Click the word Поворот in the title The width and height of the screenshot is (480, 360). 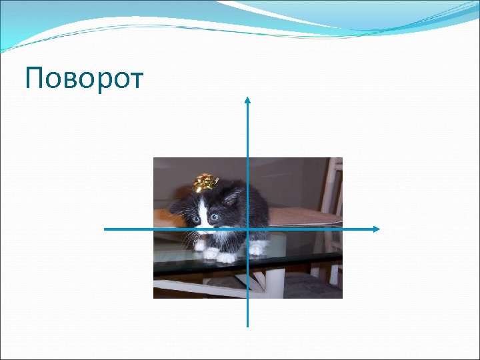coord(84,79)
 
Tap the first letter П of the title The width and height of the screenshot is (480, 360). coord(34,79)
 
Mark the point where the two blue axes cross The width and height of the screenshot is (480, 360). coord(247,229)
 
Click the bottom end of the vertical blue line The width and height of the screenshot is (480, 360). coord(247,325)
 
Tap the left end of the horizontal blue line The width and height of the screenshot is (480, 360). coord(105,229)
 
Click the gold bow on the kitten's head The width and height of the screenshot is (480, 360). coord(206,181)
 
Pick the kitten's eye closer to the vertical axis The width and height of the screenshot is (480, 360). coord(214,217)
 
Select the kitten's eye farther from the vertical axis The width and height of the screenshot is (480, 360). coord(196,219)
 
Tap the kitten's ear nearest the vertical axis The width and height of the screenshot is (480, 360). coord(232,197)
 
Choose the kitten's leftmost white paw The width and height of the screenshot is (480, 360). coord(199,245)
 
